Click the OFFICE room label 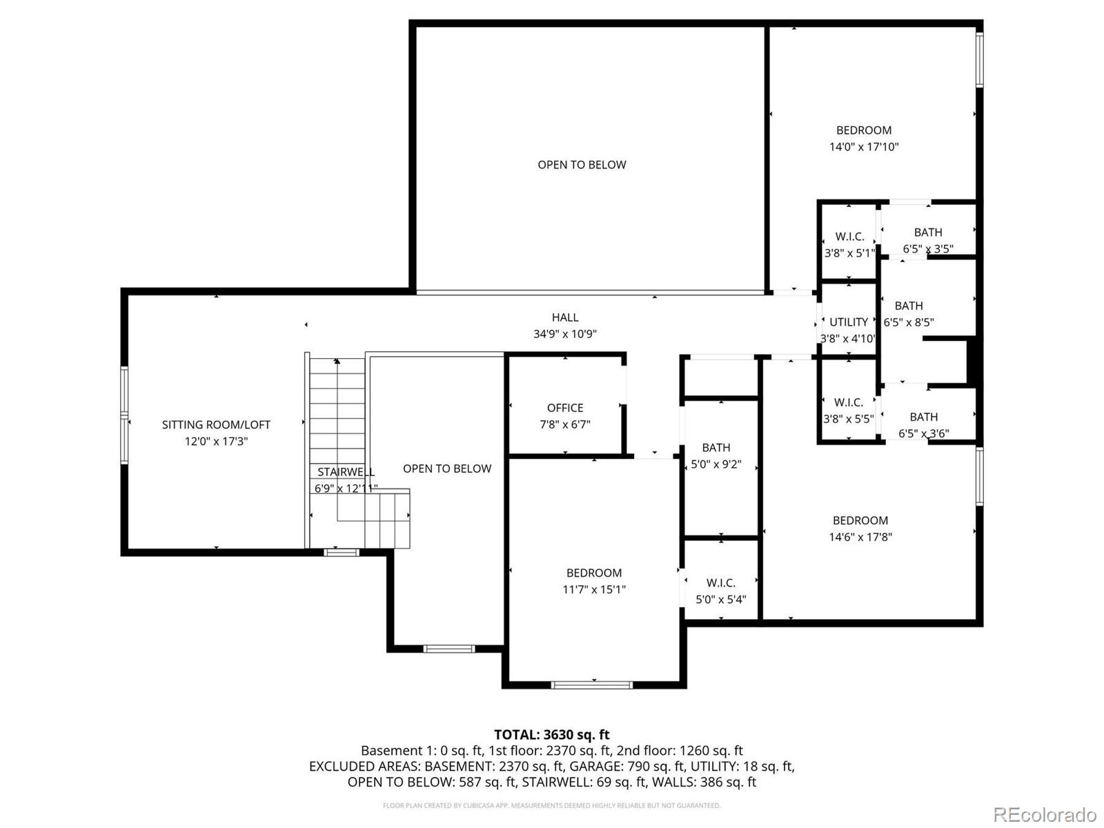pyautogui.click(x=564, y=408)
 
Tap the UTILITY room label pyautogui.click(x=848, y=322)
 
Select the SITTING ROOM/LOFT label pyautogui.click(x=216, y=425)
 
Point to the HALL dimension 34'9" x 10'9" pyautogui.click(x=564, y=335)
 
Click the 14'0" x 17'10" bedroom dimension pyautogui.click(x=863, y=147)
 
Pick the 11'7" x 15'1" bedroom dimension pyautogui.click(x=593, y=590)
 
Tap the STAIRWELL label pyautogui.click(x=346, y=472)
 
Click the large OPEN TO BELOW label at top pyautogui.click(x=582, y=165)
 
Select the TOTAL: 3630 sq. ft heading pyautogui.click(x=551, y=735)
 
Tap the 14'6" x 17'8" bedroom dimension pyautogui.click(x=860, y=538)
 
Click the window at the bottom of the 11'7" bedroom pyautogui.click(x=591, y=684)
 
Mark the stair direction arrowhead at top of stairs pyautogui.click(x=337, y=361)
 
